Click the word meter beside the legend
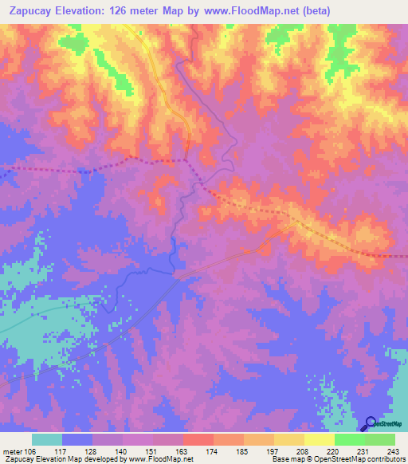coord(12,450)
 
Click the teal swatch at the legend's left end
coord(47,439)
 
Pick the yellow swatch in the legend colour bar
coord(319,439)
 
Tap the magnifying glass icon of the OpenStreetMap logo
coord(370,423)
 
